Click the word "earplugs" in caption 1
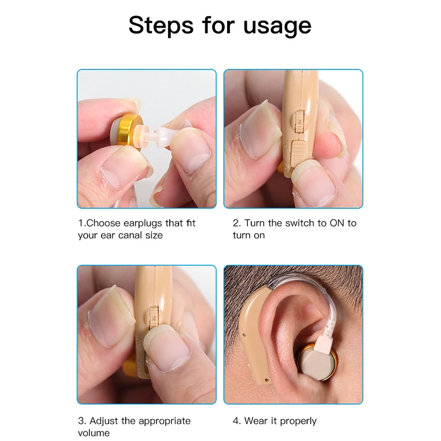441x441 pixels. point(139,223)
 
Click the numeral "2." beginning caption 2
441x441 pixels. point(237,223)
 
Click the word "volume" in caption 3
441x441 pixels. point(94,433)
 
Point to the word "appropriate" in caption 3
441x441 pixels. point(163,421)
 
